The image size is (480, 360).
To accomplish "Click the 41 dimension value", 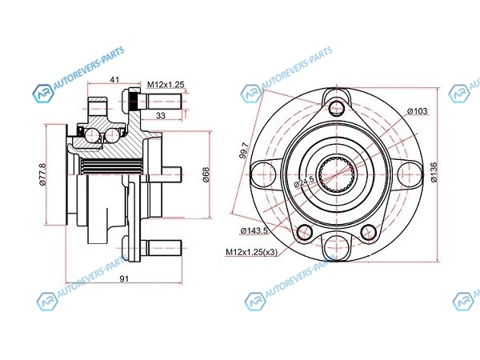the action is click(x=114, y=79).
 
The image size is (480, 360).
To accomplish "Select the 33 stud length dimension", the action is click(x=161, y=115).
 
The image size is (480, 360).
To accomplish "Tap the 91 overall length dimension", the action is click(x=124, y=278).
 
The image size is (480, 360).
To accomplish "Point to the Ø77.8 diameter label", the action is click(x=42, y=174).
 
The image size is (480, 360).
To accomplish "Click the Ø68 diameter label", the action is click(x=206, y=174).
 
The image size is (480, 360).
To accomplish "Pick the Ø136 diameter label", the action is click(x=434, y=172).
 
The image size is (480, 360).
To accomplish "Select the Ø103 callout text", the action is click(x=418, y=111).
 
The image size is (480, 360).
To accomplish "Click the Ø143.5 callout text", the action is click(x=254, y=231).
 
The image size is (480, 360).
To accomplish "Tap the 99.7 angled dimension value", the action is click(x=244, y=151).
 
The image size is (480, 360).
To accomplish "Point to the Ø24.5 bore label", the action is click(x=304, y=182).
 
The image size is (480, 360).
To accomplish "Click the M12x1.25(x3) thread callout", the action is click(x=252, y=252).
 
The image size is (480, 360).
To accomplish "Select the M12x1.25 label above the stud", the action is click(x=166, y=85).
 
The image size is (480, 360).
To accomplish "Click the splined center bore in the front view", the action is click(x=336, y=174).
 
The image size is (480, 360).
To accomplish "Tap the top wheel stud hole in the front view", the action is click(x=336, y=106).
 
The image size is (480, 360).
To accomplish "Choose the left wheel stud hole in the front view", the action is click(x=259, y=174).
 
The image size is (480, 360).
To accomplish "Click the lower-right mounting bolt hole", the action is click(x=368, y=232).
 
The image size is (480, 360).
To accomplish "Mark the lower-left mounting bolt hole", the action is click(x=304, y=232).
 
